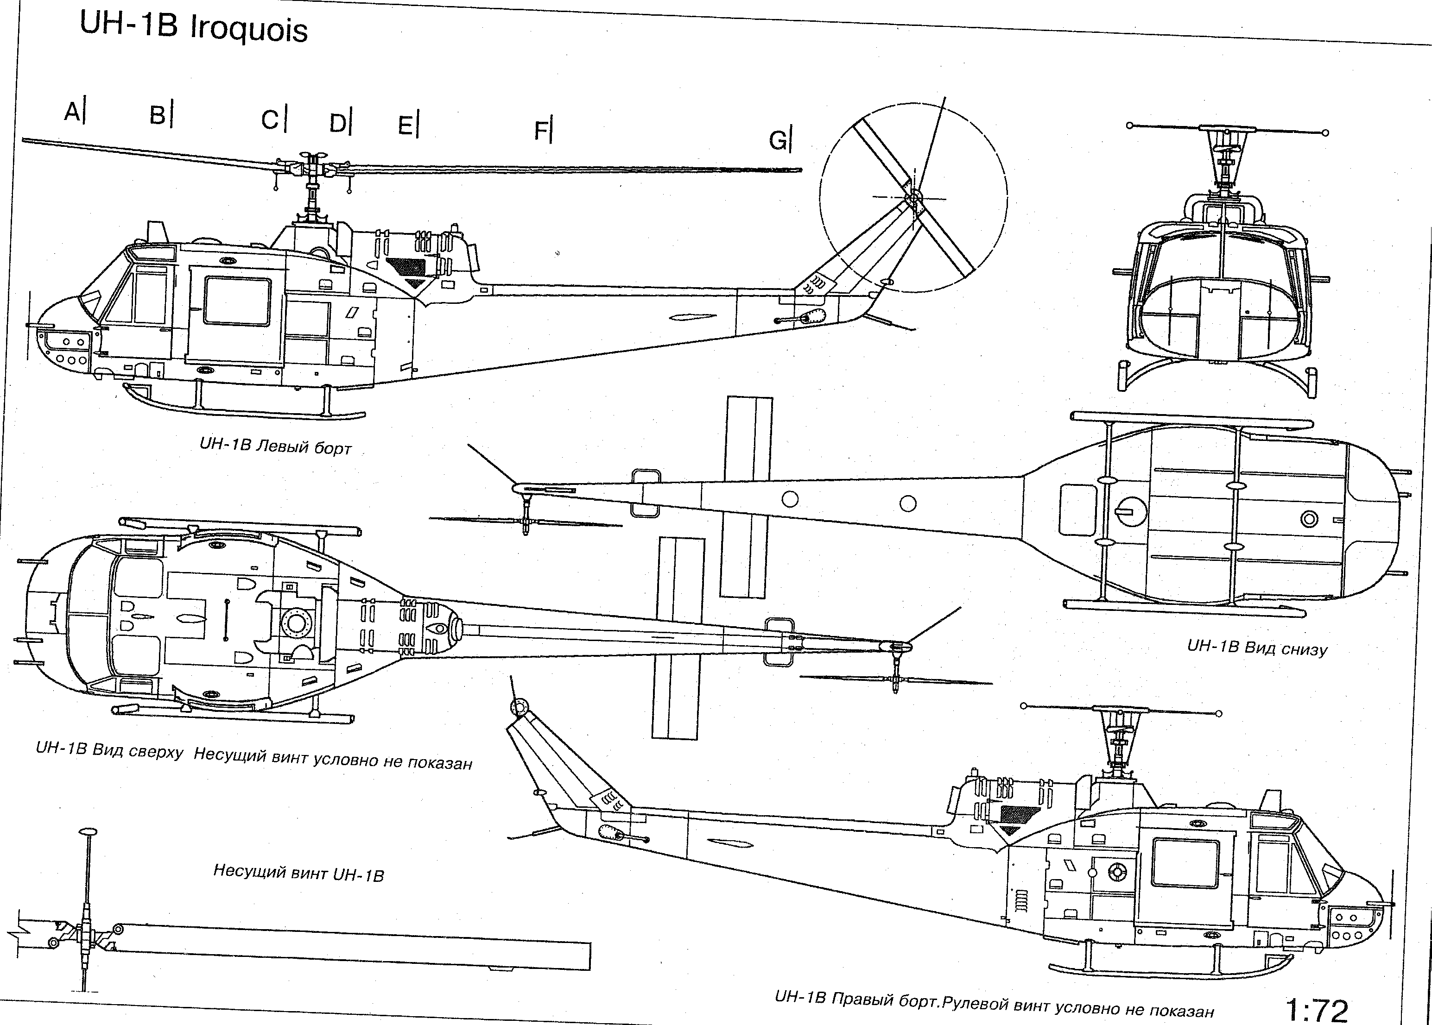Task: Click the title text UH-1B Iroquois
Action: (x=194, y=28)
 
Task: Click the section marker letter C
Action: (x=270, y=119)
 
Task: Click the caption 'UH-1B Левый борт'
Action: (x=275, y=446)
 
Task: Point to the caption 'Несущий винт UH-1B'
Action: (x=298, y=873)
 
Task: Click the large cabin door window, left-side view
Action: (x=237, y=301)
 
